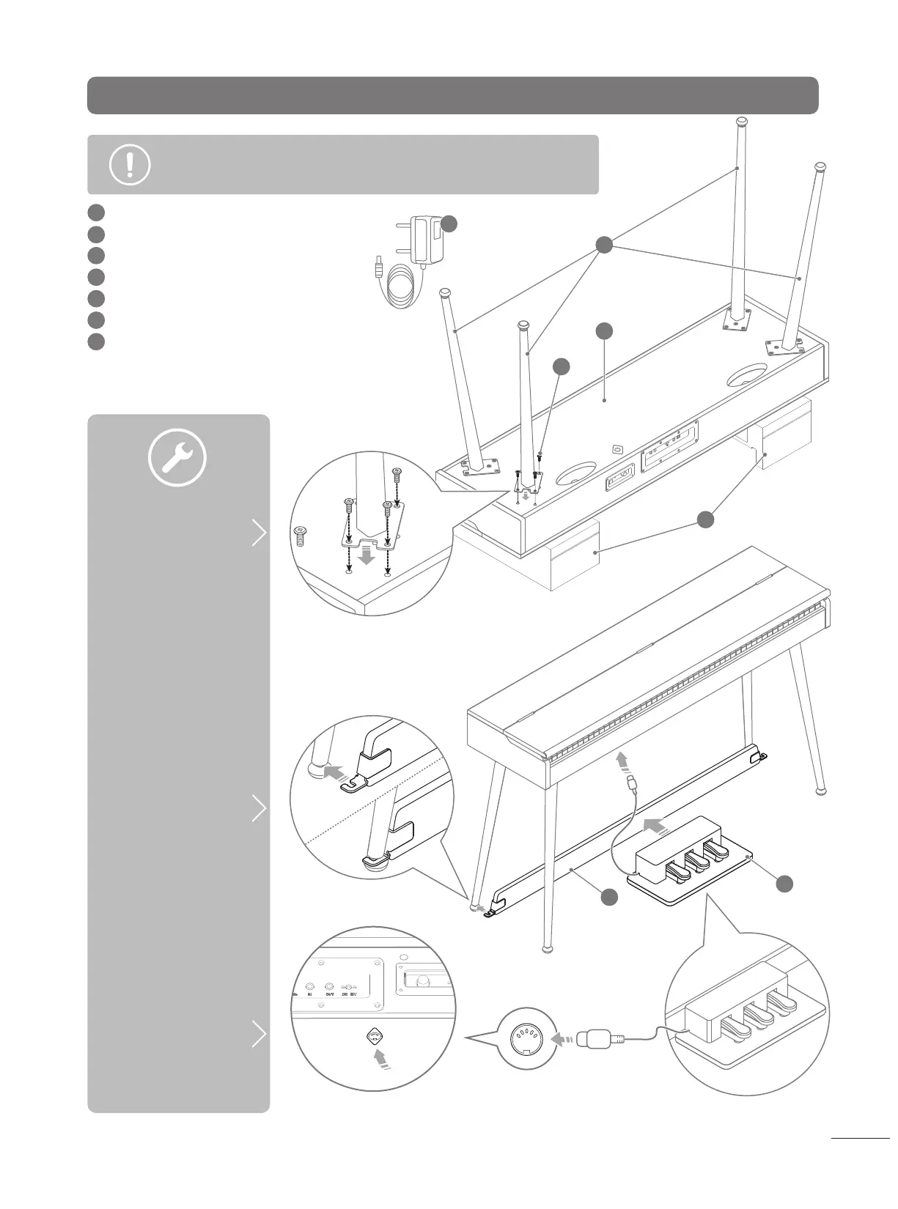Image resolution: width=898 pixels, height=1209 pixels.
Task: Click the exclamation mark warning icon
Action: click(130, 165)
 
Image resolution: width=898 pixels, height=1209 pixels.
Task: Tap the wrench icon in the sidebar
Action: click(177, 458)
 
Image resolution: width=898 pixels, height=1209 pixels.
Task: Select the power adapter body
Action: click(427, 240)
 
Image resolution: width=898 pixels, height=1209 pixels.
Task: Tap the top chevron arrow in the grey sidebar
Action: click(259, 533)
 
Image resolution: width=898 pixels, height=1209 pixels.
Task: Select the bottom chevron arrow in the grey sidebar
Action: click(259, 1034)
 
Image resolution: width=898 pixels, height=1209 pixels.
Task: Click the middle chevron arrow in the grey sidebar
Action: click(259, 808)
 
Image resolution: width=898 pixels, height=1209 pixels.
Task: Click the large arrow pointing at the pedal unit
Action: click(655, 827)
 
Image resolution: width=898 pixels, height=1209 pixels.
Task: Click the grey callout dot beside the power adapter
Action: click(449, 224)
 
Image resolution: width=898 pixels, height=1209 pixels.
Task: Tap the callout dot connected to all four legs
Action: click(603, 245)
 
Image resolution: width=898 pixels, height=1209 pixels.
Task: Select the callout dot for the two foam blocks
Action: click(704, 520)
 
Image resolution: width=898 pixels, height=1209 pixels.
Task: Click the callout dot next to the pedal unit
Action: click(784, 884)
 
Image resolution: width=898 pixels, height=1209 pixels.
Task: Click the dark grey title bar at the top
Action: click(452, 95)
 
